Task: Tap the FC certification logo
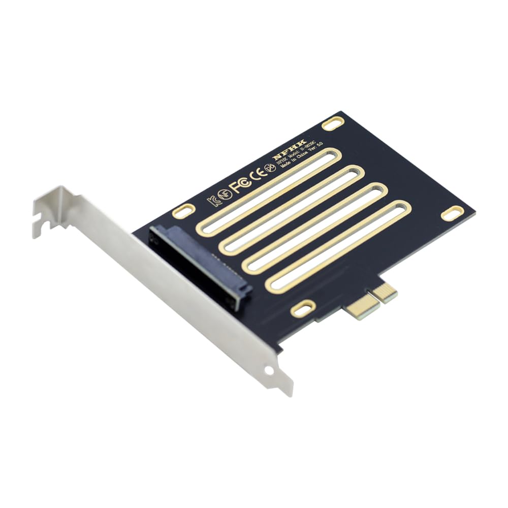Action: click(241, 184)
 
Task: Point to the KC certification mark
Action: click(214, 201)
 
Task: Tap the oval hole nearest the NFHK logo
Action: click(333, 123)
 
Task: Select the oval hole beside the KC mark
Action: click(183, 210)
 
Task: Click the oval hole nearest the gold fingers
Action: click(303, 308)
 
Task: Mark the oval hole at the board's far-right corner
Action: click(452, 213)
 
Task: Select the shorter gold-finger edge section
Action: click(385, 292)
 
